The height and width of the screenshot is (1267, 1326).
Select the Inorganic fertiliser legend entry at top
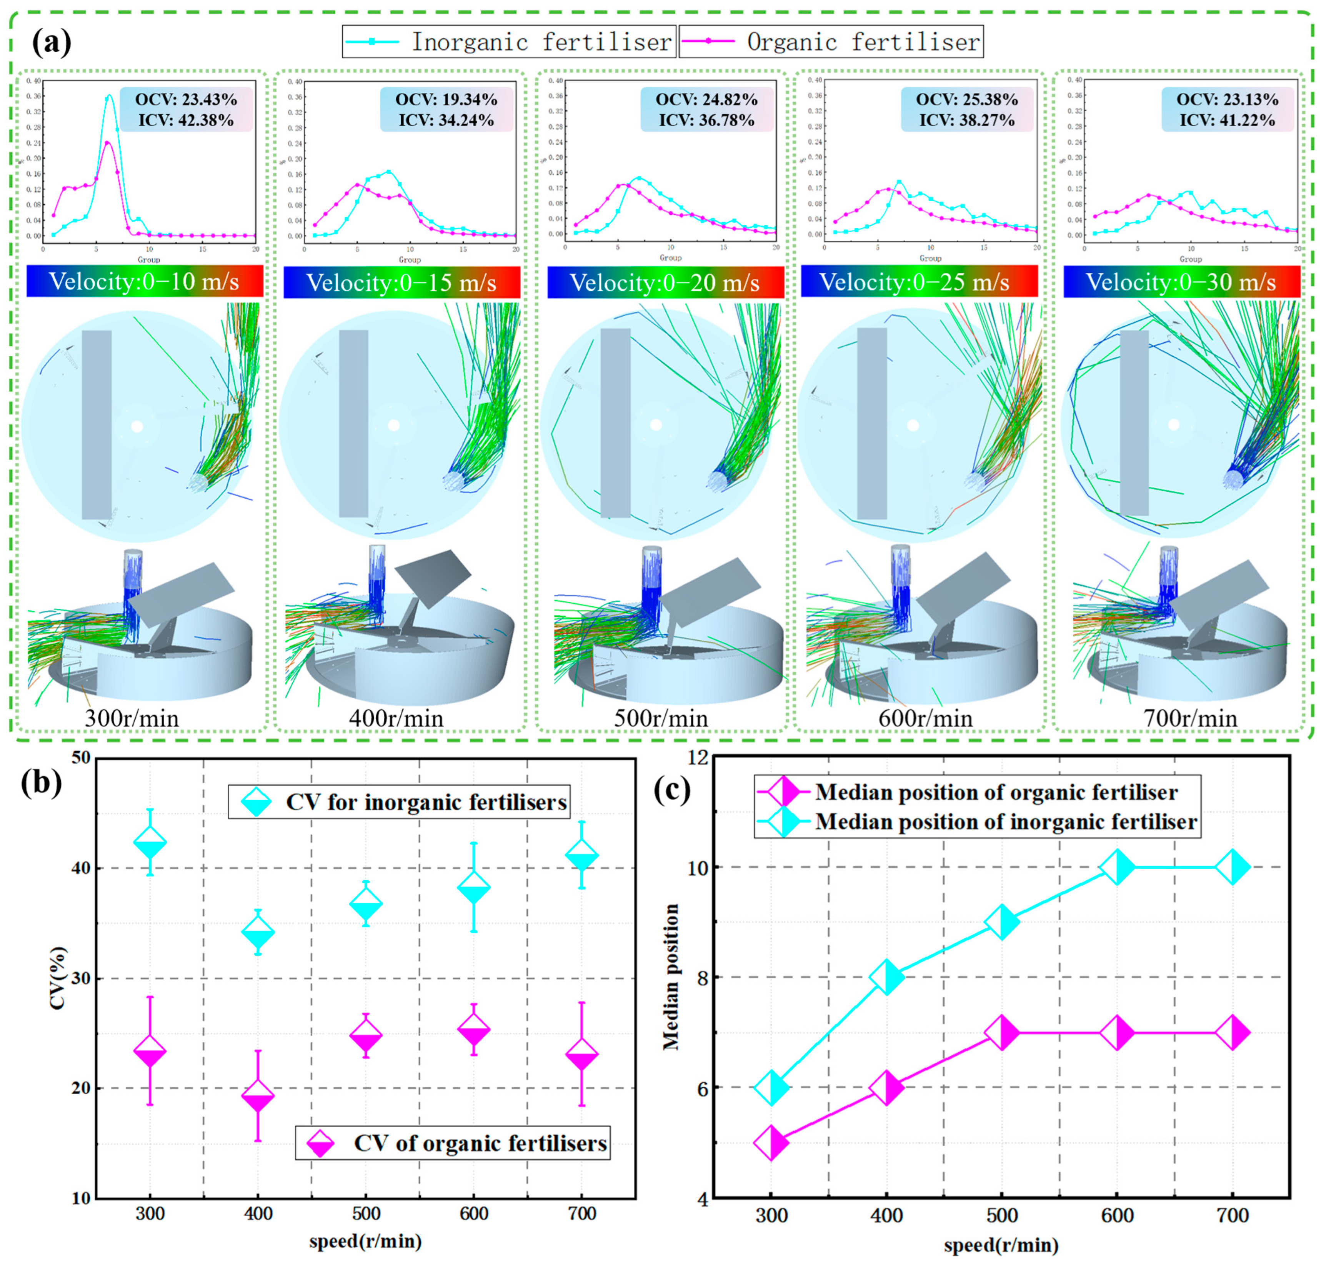click(509, 42)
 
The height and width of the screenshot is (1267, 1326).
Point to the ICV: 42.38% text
click(187, 120)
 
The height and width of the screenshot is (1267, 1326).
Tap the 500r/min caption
click(661, 718)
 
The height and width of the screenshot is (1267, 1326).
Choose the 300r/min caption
click(132, 718)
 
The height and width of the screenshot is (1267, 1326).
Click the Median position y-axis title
click(670, 978)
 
